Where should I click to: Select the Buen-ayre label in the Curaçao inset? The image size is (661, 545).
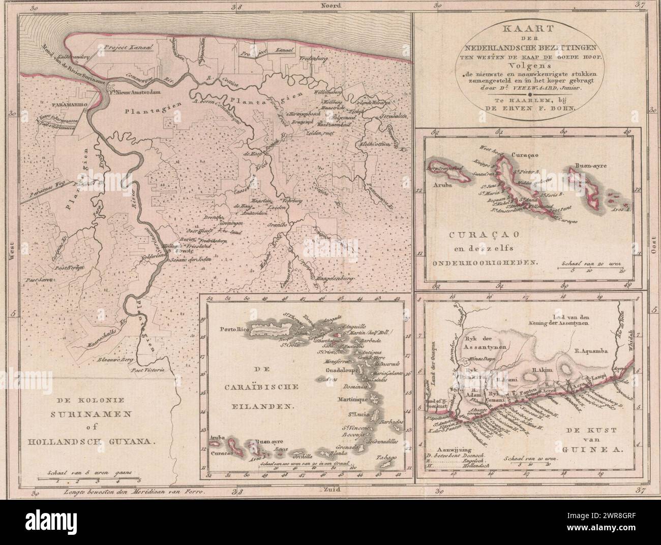(592, 165)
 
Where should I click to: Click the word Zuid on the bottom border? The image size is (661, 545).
(332, 490)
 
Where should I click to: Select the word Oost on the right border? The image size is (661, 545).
(653, 248)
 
